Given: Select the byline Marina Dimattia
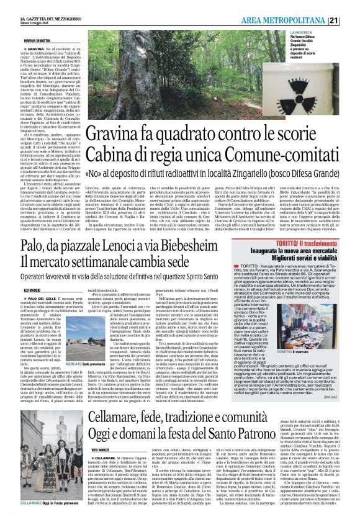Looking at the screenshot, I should point(19,40).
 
